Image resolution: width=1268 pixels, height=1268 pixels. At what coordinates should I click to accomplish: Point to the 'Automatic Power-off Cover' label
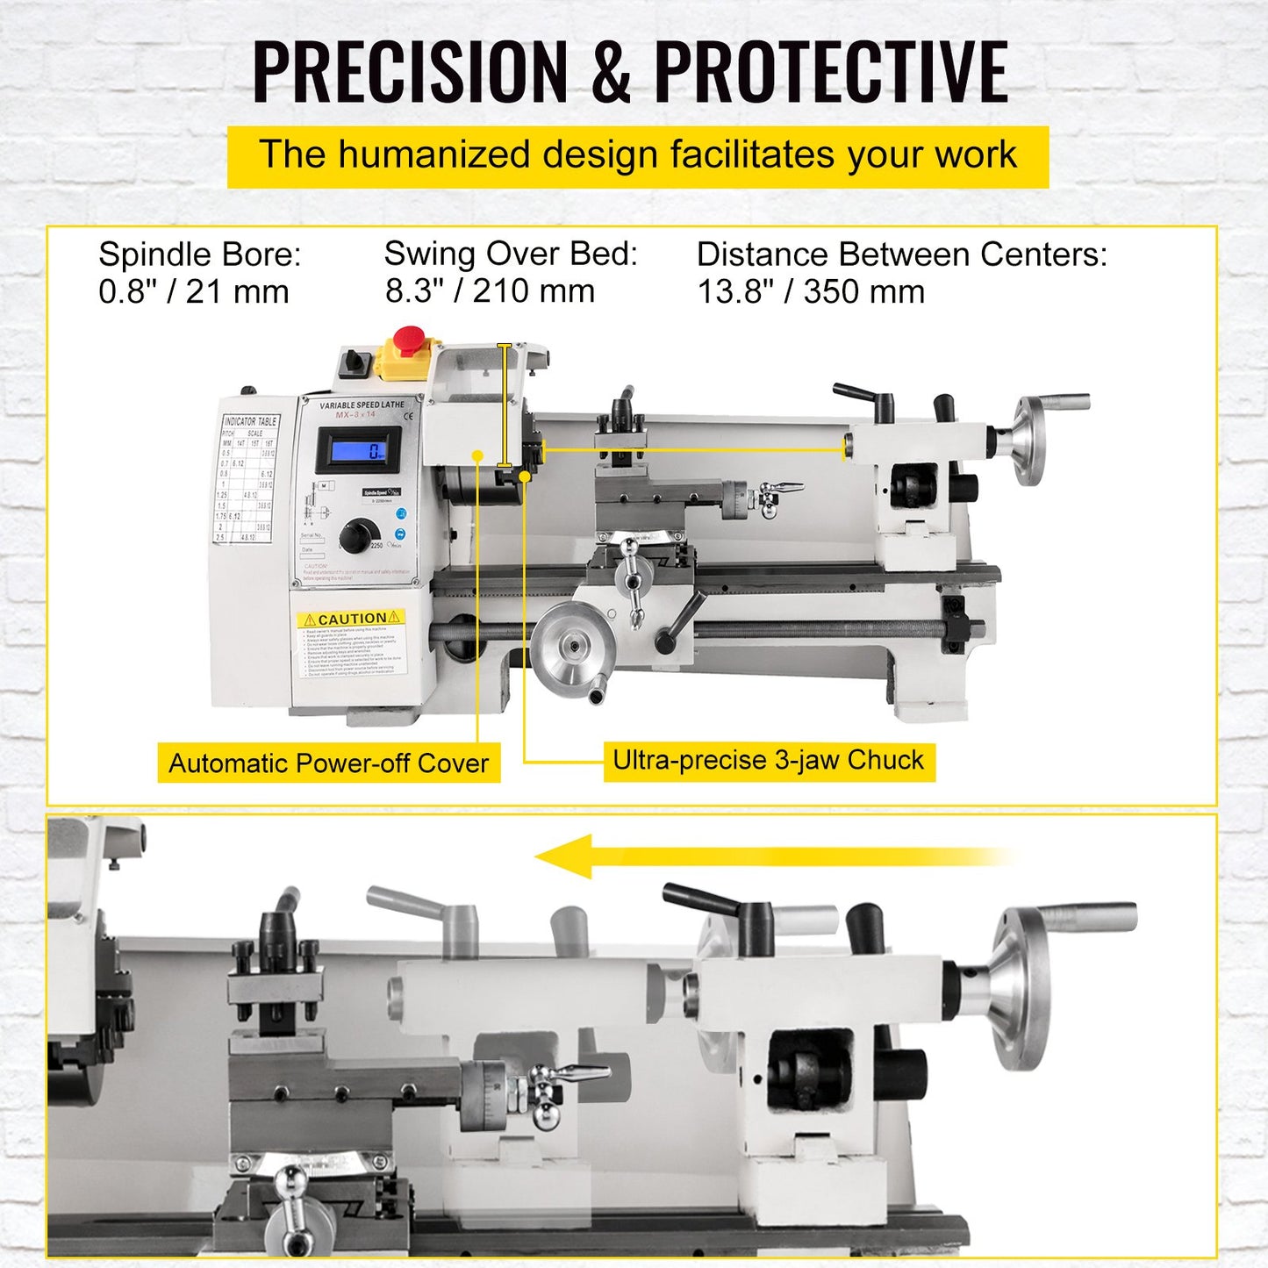tap(328, 763)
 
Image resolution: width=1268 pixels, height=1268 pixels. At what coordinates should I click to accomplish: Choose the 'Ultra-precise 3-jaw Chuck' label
tap(768, 760)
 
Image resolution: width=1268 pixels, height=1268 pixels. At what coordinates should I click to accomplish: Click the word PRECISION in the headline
tap(411, 73)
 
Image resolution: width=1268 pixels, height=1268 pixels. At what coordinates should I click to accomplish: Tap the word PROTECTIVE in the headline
tap(831, 73)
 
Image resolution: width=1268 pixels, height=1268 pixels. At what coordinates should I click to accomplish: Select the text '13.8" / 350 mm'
tap(811, 292)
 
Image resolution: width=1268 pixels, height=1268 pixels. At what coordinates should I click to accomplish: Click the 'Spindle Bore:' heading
tap(200, 254)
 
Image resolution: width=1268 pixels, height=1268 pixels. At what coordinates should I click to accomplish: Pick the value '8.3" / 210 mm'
tap(490, 291)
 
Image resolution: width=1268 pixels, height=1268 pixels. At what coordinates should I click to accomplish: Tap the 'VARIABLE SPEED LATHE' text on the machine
tap(362, 405)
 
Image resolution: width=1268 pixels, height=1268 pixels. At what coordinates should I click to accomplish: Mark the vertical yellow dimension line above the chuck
tap(504, 405)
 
